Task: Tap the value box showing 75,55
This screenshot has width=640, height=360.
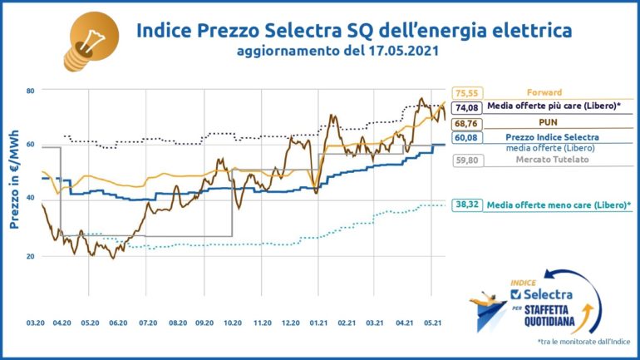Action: coord(465,93)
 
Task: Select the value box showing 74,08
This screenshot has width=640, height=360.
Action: coord(465,107)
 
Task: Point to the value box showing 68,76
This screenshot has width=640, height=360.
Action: coord(465,123)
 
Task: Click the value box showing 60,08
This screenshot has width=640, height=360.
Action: coord(465,137)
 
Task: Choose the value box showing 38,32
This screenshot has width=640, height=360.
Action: coord(465,204)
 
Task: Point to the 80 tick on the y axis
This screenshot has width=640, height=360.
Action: coord(29,90)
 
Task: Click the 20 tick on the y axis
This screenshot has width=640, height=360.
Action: coord(29,257)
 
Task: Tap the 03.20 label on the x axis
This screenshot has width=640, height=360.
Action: coord(34,321)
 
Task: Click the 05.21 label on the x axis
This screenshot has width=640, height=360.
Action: coord(432,321)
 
